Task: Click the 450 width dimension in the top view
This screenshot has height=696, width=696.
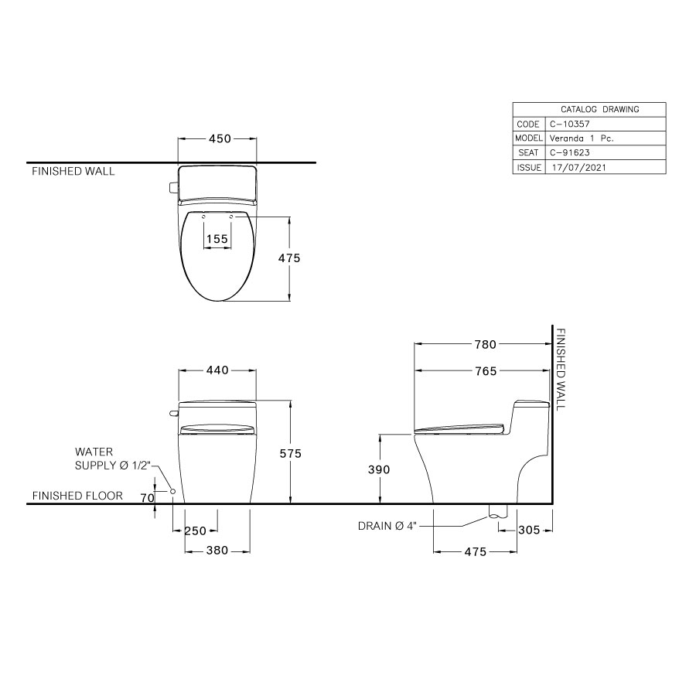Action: coord(219,139)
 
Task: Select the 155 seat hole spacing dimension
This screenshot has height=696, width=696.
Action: coord(217,239)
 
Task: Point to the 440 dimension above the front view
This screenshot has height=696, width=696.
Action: coord(217,371)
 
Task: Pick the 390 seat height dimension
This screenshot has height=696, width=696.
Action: coord(379,469)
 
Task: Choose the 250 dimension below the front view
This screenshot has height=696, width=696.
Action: coord(194,531)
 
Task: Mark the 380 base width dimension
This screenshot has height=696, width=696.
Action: coord(217,551)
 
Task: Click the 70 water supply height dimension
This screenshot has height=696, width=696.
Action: coord(147,499)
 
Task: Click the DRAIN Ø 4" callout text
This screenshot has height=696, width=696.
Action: coord(387,526)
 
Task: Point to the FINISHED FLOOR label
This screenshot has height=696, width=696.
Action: coord(77,496)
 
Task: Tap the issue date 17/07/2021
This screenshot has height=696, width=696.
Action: coord(574,167)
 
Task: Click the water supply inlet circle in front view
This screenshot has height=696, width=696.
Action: coord(172,492)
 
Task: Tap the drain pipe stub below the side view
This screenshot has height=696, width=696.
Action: coord(496,511)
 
